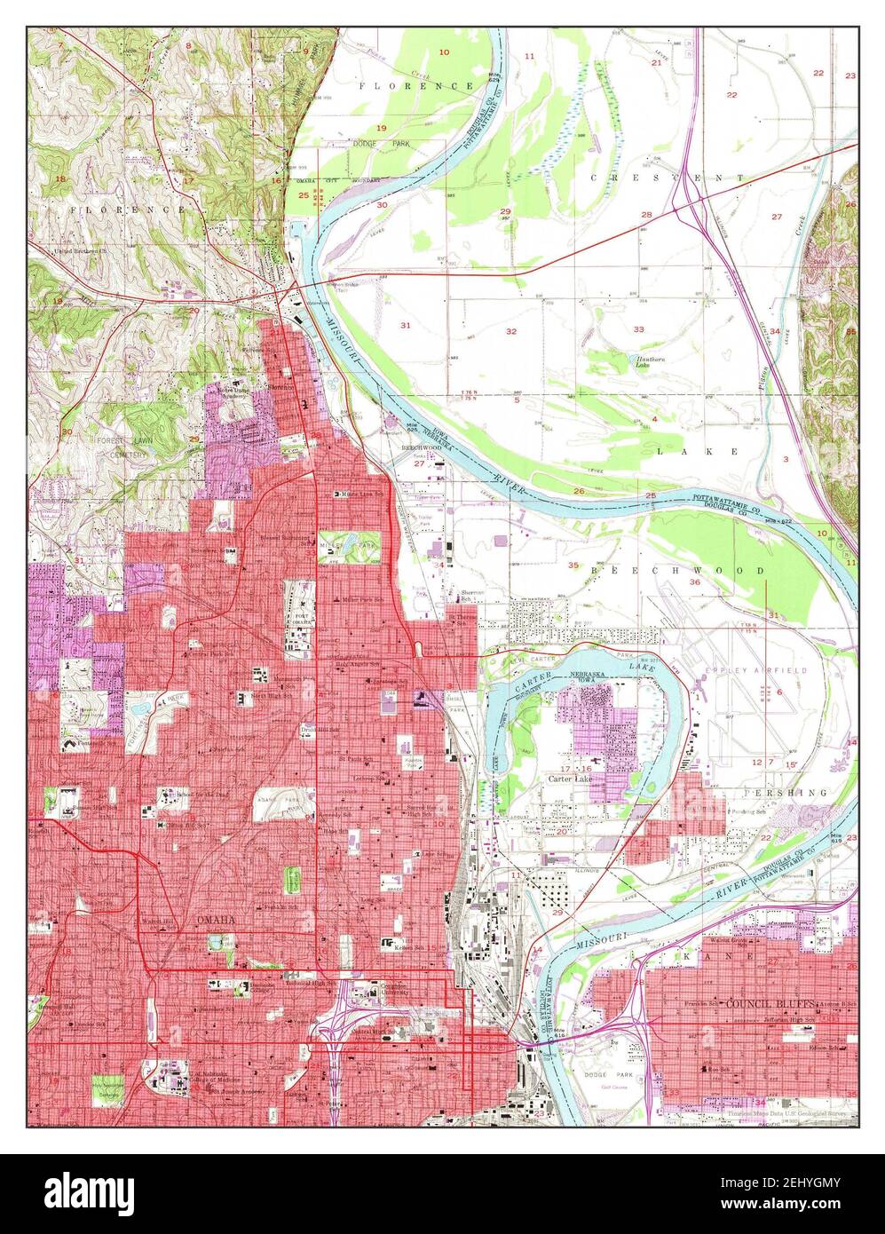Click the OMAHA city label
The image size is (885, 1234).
(216, 920)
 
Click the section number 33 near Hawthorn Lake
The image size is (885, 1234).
(638, 329)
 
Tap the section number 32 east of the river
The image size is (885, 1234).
(511, 331)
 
